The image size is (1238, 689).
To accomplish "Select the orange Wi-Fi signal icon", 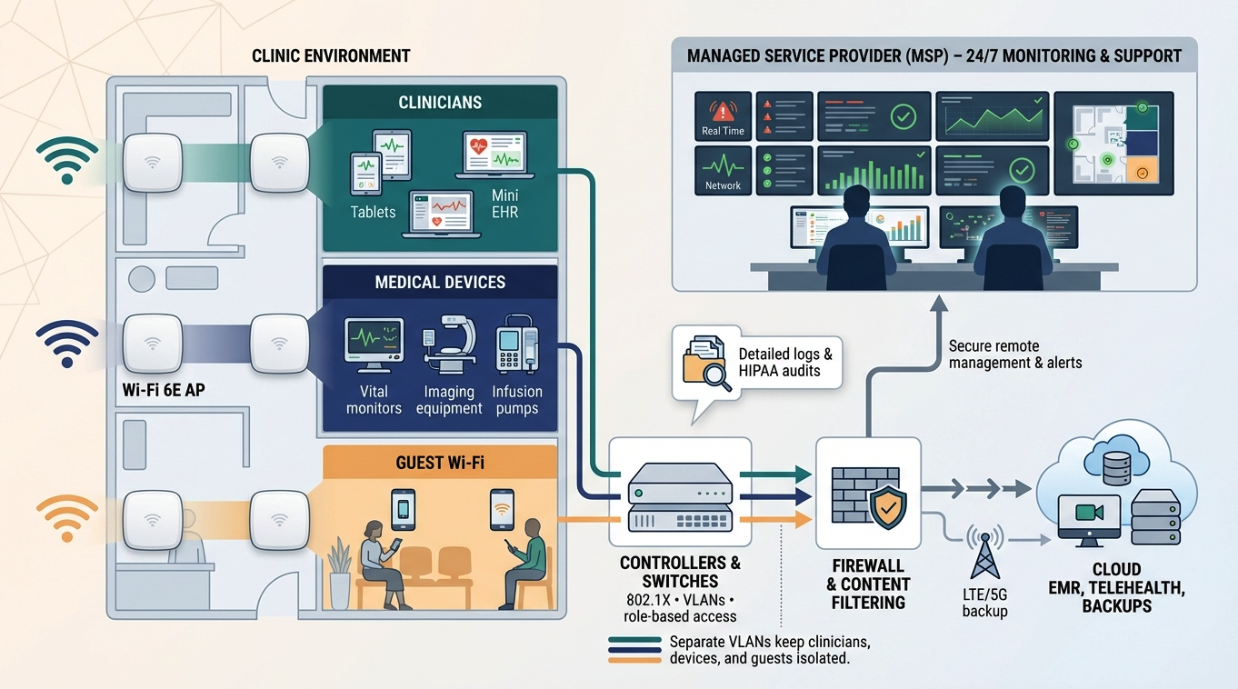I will click(x=66, y=517).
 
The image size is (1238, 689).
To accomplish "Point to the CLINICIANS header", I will click(x=440, y=103).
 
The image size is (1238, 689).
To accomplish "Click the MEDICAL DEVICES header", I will click(x=440, y=283).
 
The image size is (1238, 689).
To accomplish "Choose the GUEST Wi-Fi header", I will click(x=440, y=463).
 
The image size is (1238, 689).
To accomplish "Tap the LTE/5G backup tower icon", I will click(x=984, y=552).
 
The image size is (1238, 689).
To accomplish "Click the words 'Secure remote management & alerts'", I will click(x=1014, y=354).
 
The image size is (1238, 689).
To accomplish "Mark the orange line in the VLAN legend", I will click(x=634, y=661).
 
